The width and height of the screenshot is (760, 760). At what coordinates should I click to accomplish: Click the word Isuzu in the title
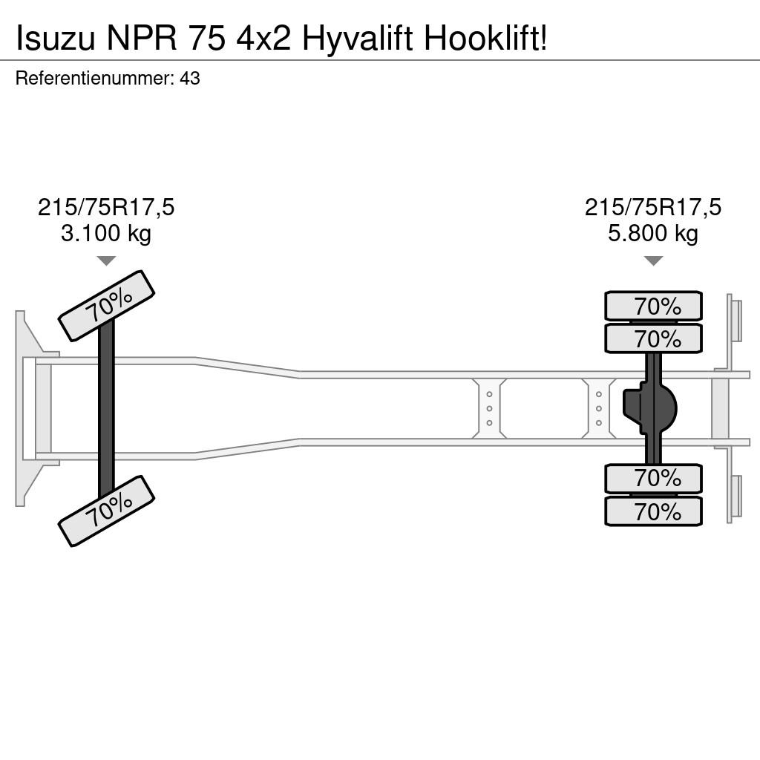[x=56, y=39]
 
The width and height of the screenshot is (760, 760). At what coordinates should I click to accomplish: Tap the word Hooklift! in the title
[x=486, y=39]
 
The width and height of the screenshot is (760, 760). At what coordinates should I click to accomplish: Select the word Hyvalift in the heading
[x=357, y=40]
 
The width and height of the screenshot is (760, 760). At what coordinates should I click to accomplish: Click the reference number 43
[x=189, y=79]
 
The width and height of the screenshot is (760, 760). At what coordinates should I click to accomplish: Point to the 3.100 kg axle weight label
[x=106, y=234]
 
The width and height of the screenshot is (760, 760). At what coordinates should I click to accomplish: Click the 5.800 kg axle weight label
[x=653, y=234]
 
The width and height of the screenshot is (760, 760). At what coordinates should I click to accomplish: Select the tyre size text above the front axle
[x=106, y=208]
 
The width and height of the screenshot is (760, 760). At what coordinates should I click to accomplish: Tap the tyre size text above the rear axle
[x=653, y=208]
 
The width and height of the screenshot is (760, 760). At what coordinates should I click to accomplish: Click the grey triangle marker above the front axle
[x=106, y=261]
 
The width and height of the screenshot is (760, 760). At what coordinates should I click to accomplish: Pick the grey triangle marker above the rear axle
[x=653, y=261]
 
